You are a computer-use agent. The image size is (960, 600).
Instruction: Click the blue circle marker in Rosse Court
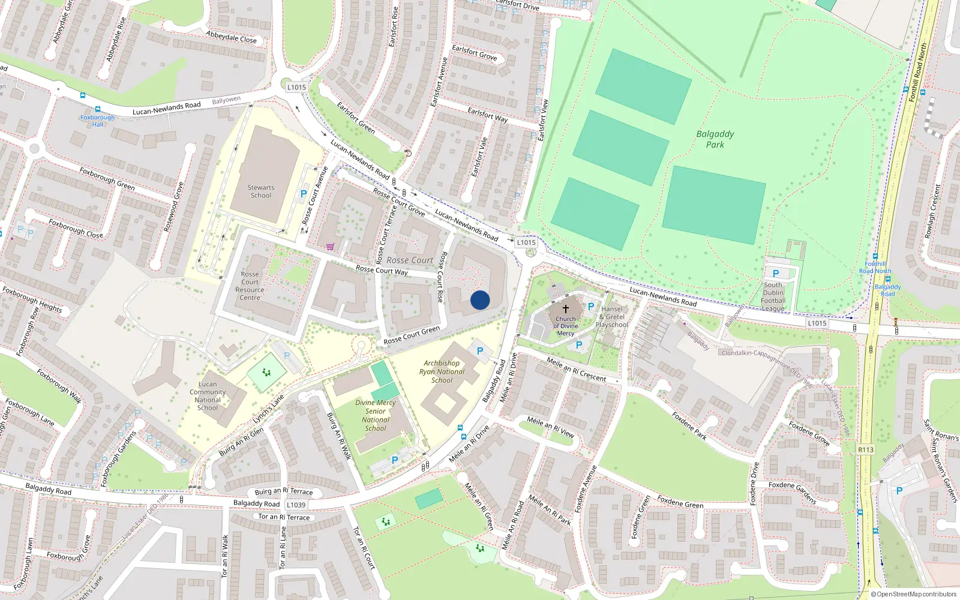(x=480, y=300)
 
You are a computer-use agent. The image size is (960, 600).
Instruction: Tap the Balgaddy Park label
(x=715, y=139)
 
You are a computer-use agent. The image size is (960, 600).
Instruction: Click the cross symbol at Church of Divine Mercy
(x=565, y=308)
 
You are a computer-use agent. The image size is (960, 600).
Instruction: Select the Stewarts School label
(x=261, y=191)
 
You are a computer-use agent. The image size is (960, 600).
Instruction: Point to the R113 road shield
(x=866, y=449)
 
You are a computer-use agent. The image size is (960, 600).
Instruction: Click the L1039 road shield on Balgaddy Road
(x=296, y=505)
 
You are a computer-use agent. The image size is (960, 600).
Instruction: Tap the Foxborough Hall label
(x=97, y=121)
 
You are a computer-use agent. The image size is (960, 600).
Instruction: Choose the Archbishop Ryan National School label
(x=442, y=371)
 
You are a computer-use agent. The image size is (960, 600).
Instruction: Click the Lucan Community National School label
(x=208, y=396)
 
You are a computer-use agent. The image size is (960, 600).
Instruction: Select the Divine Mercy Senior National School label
(x=376, y=415)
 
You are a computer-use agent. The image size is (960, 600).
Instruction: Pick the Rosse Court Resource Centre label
(x=250, y=286)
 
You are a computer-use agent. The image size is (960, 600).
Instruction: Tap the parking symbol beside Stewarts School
(x=304, y=194)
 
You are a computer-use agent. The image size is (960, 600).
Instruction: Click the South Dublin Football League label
(x=773, y=297)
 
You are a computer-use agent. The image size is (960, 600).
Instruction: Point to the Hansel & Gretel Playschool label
(x=612, y=317)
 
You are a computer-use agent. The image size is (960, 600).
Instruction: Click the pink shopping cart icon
(x=330, y=247)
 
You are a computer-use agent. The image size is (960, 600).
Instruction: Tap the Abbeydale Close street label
(x=231, y=37)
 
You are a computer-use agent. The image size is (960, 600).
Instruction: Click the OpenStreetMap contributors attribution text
(x=914, y=594)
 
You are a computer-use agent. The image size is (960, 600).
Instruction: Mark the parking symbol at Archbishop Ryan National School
(x=480, y=351)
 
